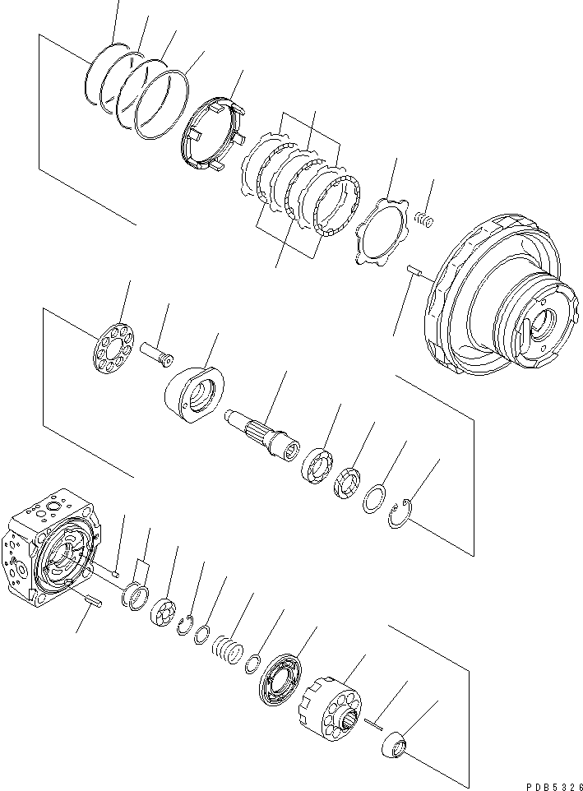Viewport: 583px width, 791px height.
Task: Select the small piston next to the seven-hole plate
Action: [156, 352]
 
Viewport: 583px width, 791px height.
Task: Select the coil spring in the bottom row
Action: [229, 650]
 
